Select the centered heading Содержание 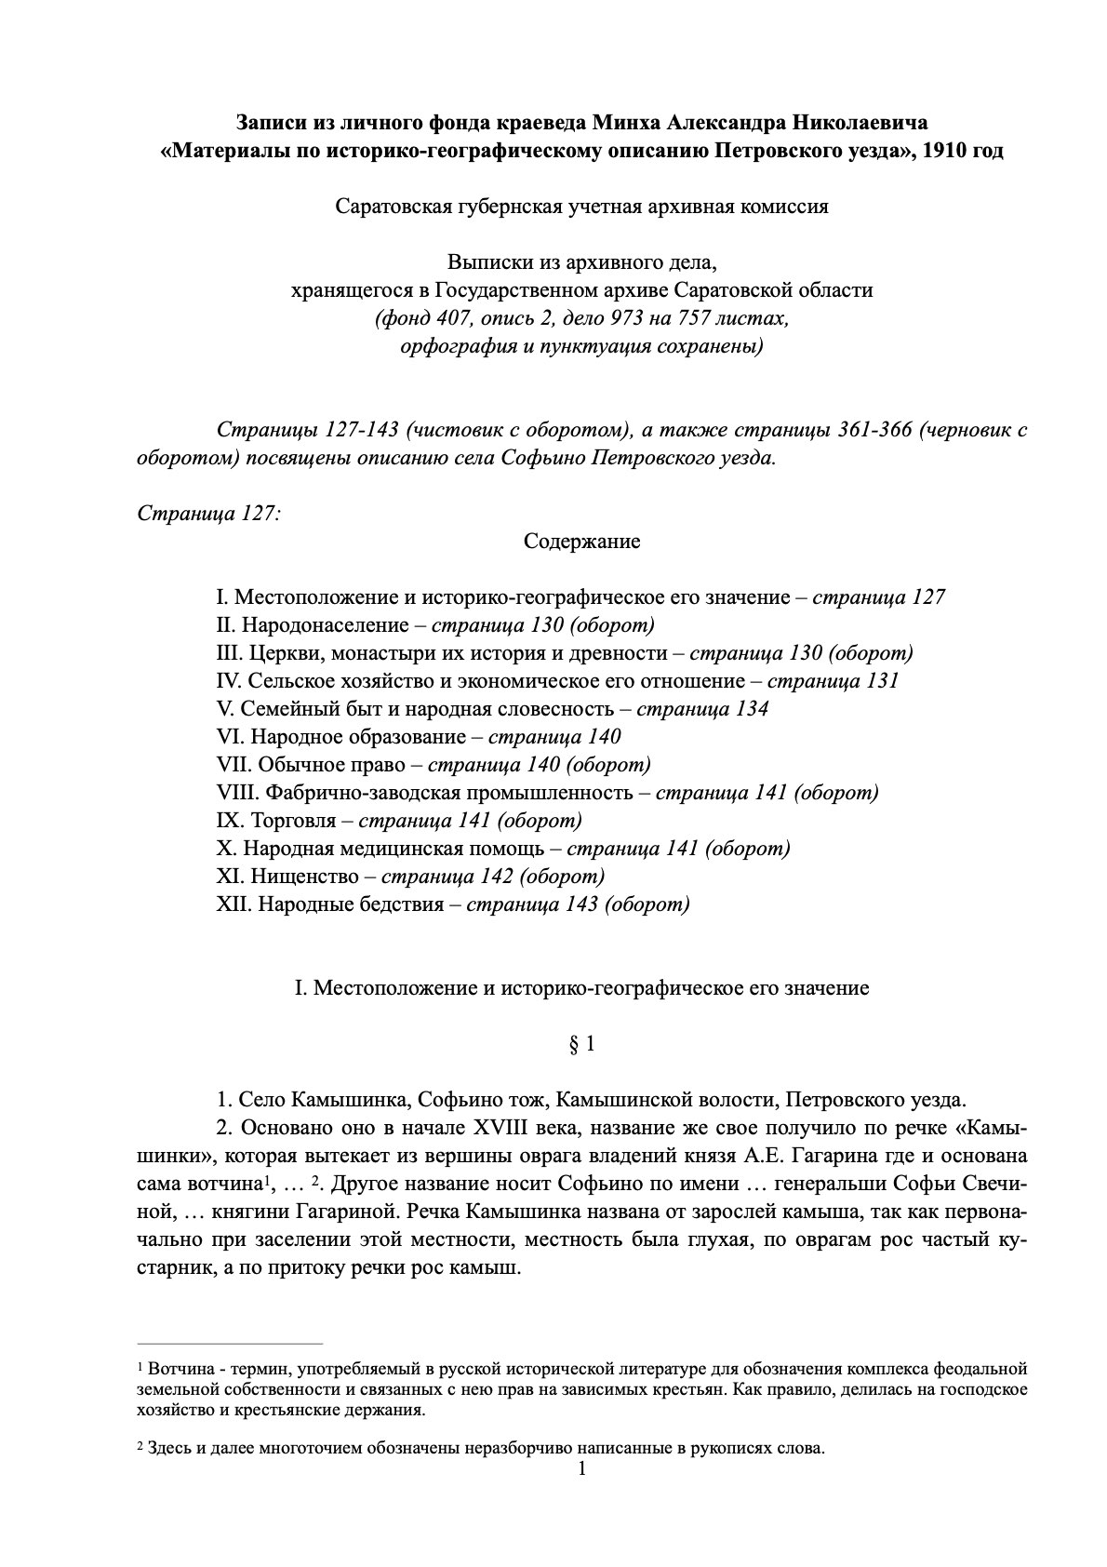point(581,542)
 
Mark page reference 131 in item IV point(882,681)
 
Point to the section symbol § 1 point(581,1044)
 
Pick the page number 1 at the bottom point(582,1470)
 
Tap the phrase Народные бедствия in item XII point(347,904)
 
